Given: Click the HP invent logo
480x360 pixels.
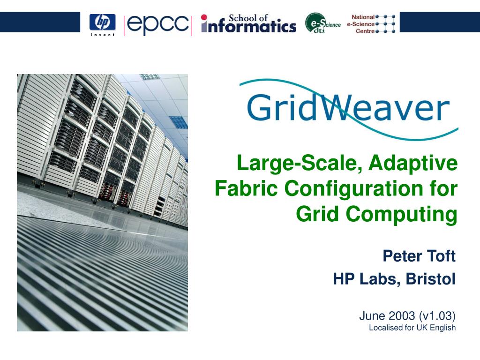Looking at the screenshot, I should click(102, 24).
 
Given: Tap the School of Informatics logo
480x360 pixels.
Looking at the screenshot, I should click(248, 24).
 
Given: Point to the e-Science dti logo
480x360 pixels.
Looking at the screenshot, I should click(322, 23).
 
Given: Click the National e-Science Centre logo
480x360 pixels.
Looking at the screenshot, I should click(371, 24).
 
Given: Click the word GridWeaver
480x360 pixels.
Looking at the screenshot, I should click(348, 109).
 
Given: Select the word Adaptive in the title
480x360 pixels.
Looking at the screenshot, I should click(413, 164).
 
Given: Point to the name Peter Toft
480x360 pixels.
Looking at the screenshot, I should click(419, 256).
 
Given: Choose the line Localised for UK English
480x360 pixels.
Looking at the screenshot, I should click(412, 328).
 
